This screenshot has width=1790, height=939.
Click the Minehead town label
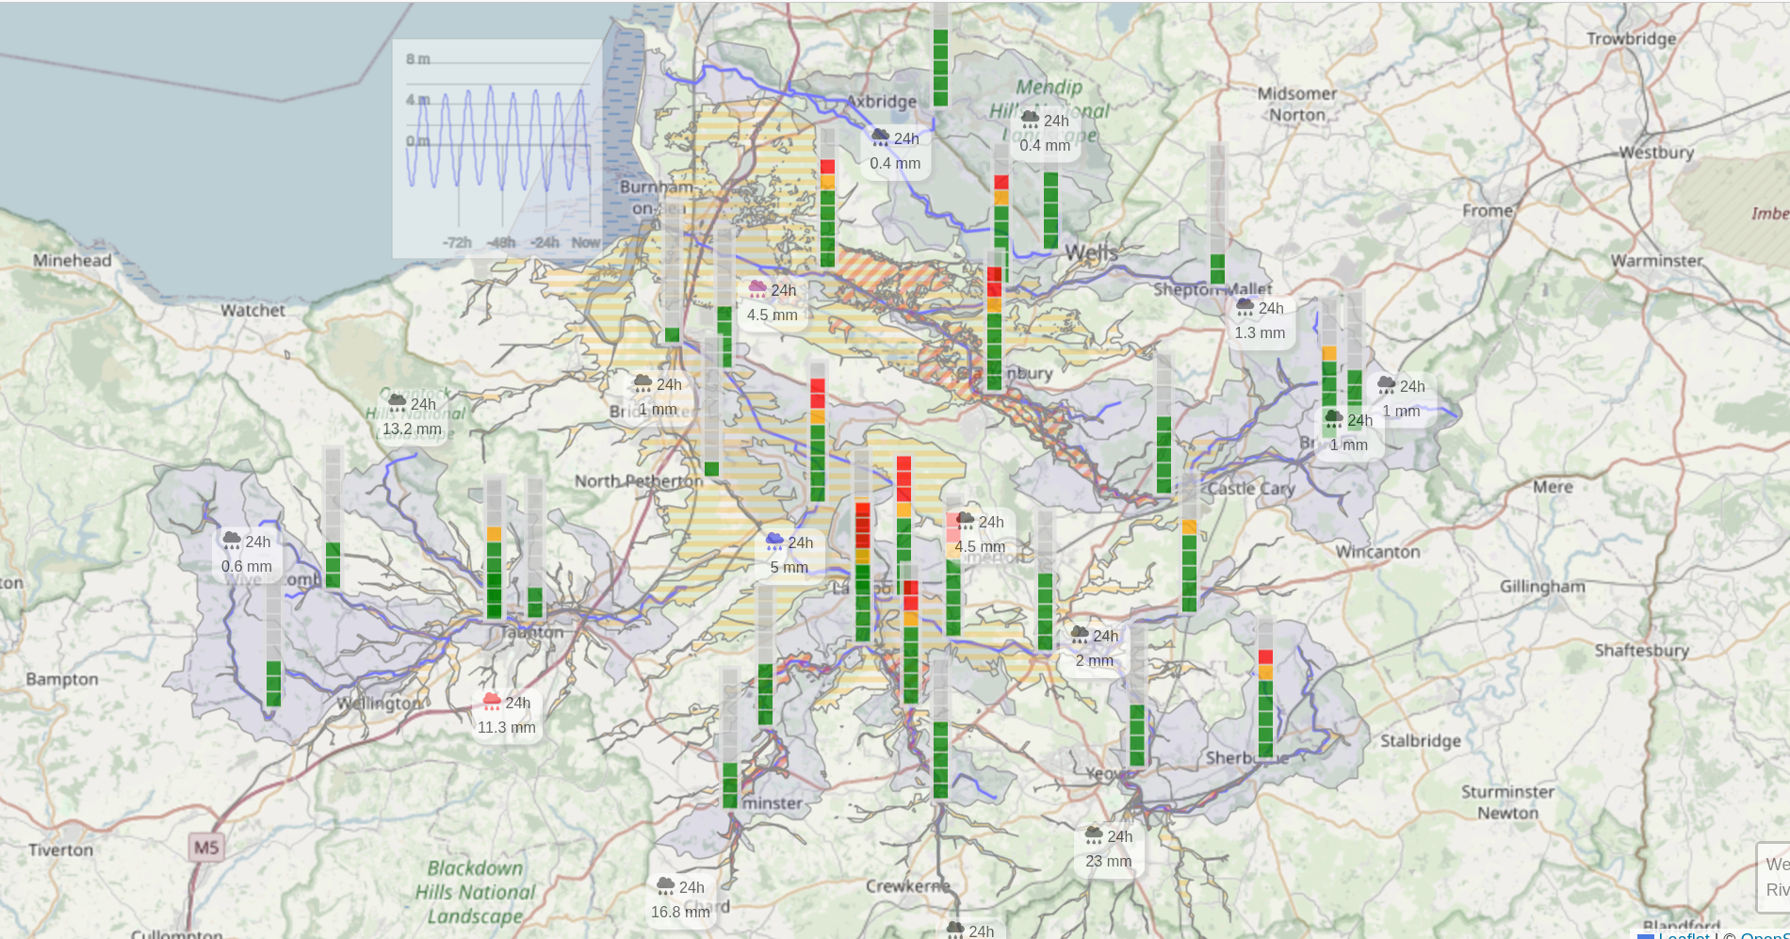[x=72, y=261]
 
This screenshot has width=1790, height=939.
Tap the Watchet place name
[x=252, y=310]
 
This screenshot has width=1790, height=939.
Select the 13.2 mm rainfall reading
[x=412, y=429]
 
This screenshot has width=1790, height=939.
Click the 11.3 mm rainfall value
[x=506, y=727]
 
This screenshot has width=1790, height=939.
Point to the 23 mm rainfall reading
[x=1108, y=861]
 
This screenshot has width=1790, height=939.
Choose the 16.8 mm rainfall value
[x=679, y=912]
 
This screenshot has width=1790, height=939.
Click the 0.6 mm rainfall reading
[x=246, y=566]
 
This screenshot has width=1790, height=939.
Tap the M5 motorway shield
[x=206, y=848]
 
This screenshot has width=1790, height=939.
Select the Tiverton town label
[x=60, y=850]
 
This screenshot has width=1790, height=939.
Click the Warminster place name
[x=1656, y=261]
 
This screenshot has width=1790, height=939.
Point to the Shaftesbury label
[x=1641, y=650]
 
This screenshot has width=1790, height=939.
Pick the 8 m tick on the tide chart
[x=417, y=59]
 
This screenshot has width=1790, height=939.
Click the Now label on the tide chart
[x=585, y=242]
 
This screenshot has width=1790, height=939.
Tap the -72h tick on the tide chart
[x=457, y=242]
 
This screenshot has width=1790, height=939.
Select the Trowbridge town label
[x=1631, y=39]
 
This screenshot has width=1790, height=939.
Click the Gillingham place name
[x=1542, y=586]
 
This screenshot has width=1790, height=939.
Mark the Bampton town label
[x=62, y=679]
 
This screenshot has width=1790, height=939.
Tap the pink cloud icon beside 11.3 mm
[x=492, y=701]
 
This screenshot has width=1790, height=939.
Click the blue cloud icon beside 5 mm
[x=774, y=541]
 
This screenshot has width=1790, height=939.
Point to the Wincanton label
[x=1377, y=551]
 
